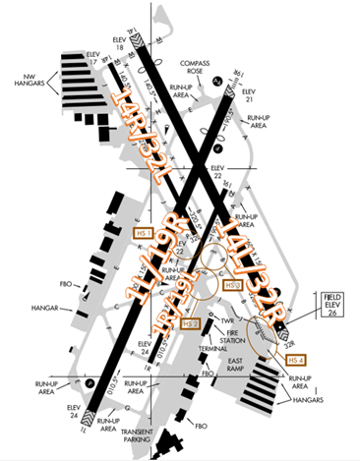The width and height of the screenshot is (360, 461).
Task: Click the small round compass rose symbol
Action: [219, 83]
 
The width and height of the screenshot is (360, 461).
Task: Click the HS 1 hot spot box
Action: [145, 235]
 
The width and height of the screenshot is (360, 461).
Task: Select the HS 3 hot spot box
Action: [232, 286]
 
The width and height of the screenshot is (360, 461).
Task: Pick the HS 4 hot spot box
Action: [295, 360]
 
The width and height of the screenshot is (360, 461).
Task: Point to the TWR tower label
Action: [228, 321]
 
